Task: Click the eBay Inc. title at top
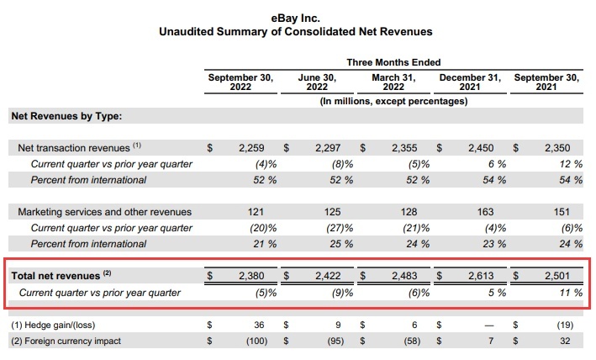pos(295,16)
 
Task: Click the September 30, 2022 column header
pos(240,82)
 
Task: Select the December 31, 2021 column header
pos(470,82)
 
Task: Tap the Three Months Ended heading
pos(393,63)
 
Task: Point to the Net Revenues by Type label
pos(66,115)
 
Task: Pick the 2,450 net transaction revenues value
pos(481,148)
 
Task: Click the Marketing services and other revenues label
pos(104,212)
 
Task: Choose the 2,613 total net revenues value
pos(481,276)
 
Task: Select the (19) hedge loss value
pos(567,325)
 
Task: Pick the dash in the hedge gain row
pos(489,325)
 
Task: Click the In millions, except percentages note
pos(393,101)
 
